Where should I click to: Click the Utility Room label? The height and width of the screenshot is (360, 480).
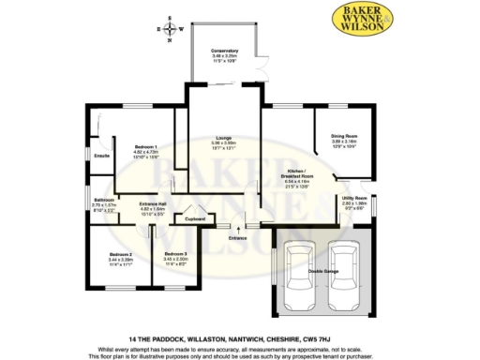tap(352, 200)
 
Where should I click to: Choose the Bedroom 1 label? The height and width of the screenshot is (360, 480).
tap(144, 147)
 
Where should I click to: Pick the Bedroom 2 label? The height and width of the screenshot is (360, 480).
tap(119, 255)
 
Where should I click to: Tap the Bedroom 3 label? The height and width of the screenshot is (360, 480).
tap(175, 255)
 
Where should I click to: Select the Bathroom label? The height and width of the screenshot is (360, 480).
tap(103, 201)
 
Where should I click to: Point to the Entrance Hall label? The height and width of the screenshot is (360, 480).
tap(152, 204)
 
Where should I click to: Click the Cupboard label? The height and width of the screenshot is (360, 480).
tap(195, 220)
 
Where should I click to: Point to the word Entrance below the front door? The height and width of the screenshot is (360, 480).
tap(237, 238)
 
